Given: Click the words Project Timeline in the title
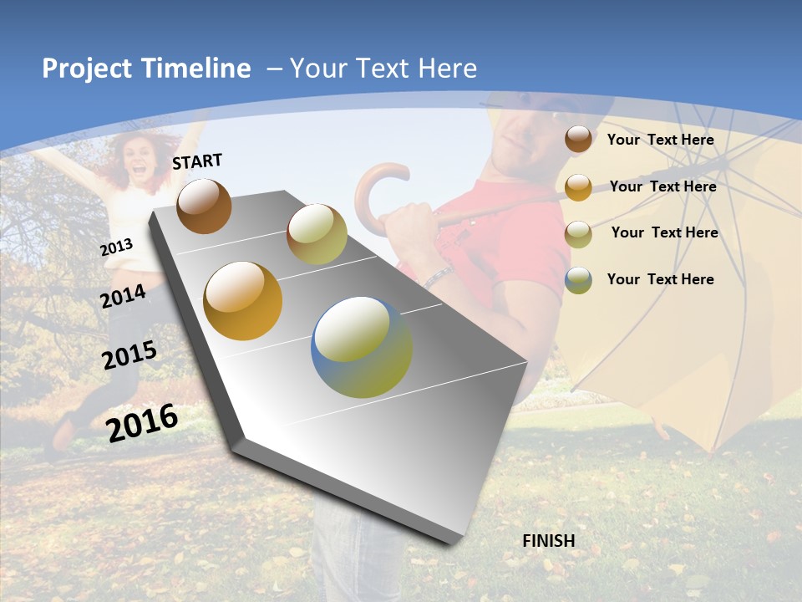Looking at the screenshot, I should pos(146,69).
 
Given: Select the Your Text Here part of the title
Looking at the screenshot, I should pos(383,69).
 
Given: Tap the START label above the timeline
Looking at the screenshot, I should pos(197,161).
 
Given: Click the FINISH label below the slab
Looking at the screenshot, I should pos(549,541).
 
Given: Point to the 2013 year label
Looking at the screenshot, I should pos(116,247).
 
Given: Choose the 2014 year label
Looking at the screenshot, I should pos(123,296).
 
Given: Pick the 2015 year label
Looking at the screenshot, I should pos(129,355).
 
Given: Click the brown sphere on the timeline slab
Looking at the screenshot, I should pos(204,206).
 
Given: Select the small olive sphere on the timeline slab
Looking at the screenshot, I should pos(317,234).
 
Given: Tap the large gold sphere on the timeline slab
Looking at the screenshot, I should pos(243,301).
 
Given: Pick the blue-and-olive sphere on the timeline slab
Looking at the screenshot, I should pos(362,347).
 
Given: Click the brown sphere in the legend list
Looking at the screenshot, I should pos(578,139).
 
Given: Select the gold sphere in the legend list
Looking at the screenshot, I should pos(578,186).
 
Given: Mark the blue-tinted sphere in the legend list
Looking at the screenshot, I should pos(578,280).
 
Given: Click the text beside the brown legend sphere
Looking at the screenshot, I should pos(660,140).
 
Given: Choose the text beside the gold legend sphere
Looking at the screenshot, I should pos(662,186).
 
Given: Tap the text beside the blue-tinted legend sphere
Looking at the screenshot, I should pos(660,279).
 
